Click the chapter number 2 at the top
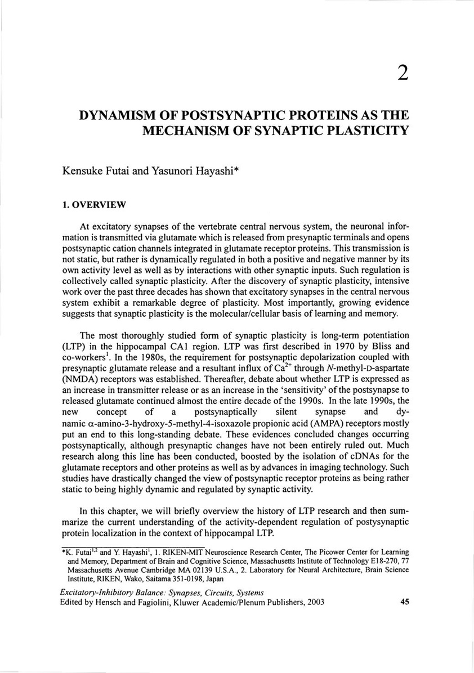tap(402, 73)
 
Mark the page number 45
tap(404, 602)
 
